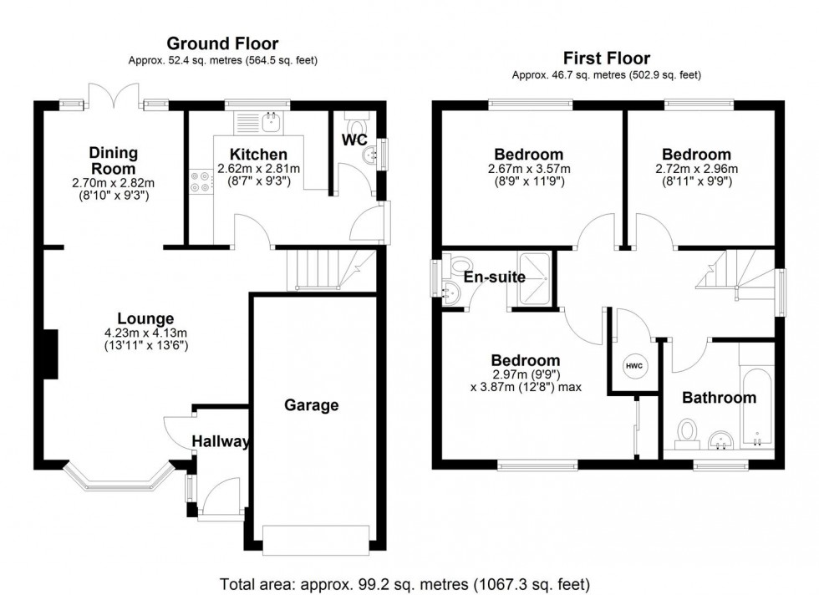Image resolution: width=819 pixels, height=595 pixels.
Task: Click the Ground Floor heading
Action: pos(222,43)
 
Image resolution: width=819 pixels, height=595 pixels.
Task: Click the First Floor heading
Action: pos(606,58)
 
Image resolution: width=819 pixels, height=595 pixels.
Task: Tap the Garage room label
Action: pos(312,405)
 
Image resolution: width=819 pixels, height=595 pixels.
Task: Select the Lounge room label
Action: pos(145,318)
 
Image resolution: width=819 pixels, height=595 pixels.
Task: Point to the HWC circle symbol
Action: pos(633,365)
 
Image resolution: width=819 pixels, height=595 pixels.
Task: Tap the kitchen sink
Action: pos(272,123)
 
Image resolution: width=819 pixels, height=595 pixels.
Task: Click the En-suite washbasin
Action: pos(451,292)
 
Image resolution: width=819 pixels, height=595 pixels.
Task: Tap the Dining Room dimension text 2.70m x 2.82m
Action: pos(114,183)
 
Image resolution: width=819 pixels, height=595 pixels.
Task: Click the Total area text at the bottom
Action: pos(405,582)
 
